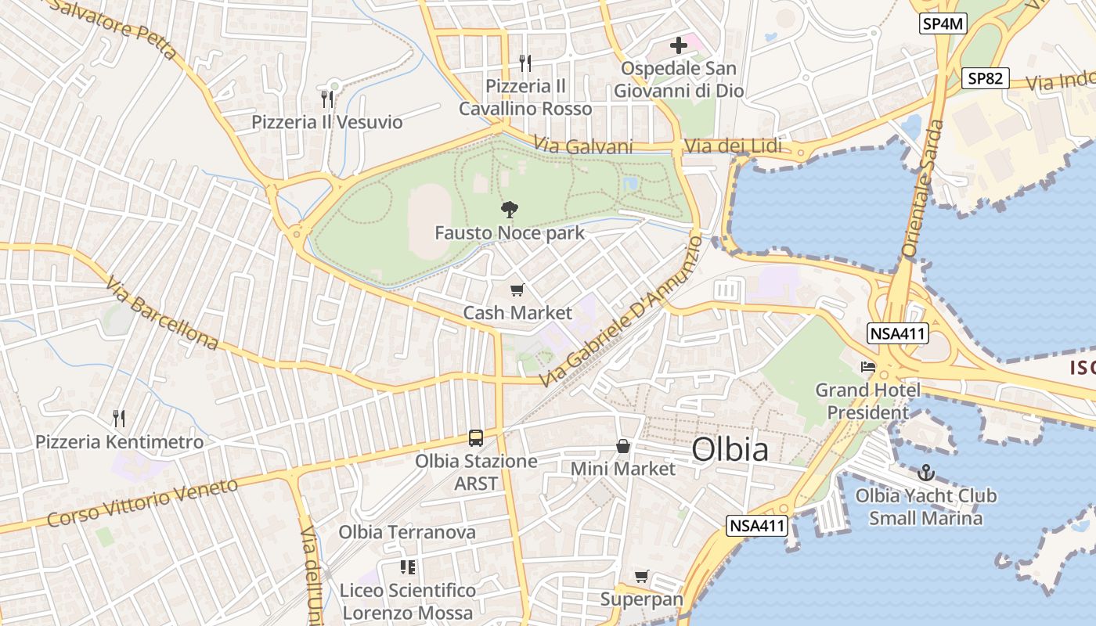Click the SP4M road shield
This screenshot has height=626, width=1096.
[943, 23]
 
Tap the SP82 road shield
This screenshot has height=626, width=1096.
[986, 78]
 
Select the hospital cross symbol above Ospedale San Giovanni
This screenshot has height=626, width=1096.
[679, 45]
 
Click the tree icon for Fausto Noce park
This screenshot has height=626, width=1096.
[510, 209]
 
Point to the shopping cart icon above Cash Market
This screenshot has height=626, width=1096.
[517, 290]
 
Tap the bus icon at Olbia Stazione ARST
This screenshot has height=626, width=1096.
[476, 438]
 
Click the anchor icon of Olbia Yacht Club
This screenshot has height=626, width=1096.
[926, 473]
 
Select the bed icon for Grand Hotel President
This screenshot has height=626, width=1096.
[868, 366]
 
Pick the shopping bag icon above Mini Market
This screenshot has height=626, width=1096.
[623, 446]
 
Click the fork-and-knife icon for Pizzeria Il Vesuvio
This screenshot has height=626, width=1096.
[327, 99]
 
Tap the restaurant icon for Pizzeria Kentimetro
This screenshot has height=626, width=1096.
[119, 419]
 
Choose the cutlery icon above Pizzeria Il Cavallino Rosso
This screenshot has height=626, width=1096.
[525, 63]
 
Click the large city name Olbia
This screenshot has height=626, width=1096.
[730, 450]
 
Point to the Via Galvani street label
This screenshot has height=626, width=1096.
[583, 146]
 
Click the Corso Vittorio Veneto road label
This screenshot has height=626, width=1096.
[142, 502]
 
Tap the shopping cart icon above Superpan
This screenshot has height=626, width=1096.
[642, 577]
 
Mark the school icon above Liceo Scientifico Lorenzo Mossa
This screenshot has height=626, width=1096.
[407, 567]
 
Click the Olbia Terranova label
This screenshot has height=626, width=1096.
[407, 532]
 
